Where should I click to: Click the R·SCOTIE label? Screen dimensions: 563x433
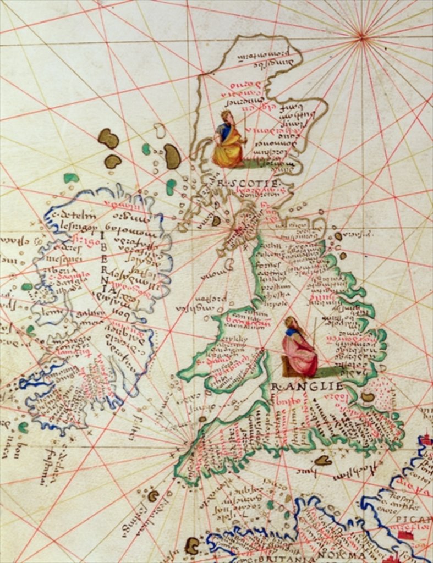click(241, 183)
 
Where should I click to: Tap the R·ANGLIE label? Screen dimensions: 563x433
click(308, 386)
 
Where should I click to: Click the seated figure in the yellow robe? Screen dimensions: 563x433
click(229, 141)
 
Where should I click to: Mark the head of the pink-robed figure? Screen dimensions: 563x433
click(291, 323)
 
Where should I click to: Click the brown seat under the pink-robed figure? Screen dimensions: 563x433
click(287, 366)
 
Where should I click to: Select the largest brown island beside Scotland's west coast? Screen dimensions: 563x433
click(172, 157)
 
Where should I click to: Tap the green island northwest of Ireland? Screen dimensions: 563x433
click(70, 178)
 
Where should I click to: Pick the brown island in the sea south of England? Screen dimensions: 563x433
click(323, 460)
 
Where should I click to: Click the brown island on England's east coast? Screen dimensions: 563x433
click(368, 396)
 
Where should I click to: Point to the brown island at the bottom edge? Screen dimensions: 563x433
click(191, 545)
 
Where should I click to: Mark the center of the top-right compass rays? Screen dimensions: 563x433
click(361, 36)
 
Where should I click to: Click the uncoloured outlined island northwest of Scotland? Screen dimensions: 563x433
click(160, 130)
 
